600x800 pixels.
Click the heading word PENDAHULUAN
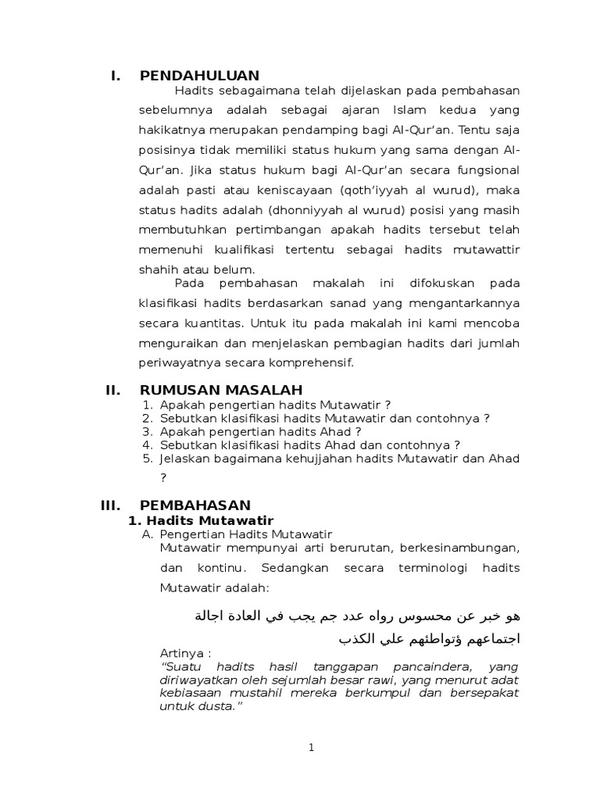tap(199, 76)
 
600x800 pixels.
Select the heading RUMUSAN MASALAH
tap(221, 390)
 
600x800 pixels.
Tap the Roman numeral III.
tap(111, 505)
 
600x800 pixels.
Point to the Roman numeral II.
tap(113, 390)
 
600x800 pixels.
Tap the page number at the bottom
tap(311, 748)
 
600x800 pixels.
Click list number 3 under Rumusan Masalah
tap(147, 431)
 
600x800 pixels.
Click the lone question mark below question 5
tap(163, 478)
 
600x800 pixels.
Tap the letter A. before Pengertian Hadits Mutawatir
tap(146, 534)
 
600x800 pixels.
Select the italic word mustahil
tap(248, 693)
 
